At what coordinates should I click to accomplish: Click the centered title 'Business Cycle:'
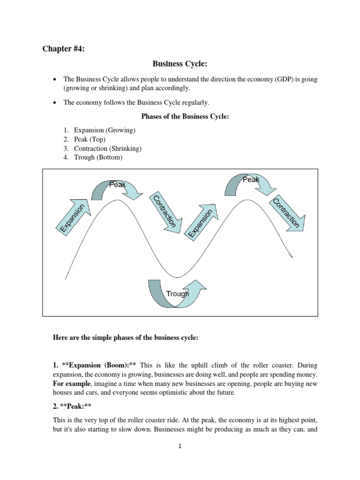(180, 63)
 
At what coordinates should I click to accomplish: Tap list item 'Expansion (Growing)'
(105, 129)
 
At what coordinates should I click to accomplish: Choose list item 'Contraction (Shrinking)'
(108, 148)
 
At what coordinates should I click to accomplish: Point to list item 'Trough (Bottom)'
(98, 157)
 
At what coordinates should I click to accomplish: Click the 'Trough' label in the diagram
(177, 294)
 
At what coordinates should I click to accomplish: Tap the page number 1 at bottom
(180, 447)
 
